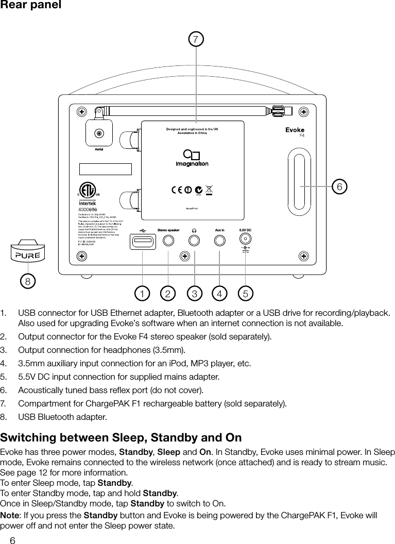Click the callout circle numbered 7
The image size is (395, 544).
point(195,39)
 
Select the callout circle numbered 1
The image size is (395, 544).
point(140,294)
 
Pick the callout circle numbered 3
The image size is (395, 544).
point(194,294)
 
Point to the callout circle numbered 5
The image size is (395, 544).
point(246,294)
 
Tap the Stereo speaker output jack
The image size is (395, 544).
point(168,240)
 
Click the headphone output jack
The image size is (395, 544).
point(194,240)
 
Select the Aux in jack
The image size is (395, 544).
point(220,240)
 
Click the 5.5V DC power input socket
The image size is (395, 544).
point(246,239)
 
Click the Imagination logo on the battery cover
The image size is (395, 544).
point(192,159)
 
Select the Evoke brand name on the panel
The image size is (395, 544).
point(295,130)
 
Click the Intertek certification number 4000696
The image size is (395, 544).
point(88,210)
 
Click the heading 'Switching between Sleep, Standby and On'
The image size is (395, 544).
point(121,438)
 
